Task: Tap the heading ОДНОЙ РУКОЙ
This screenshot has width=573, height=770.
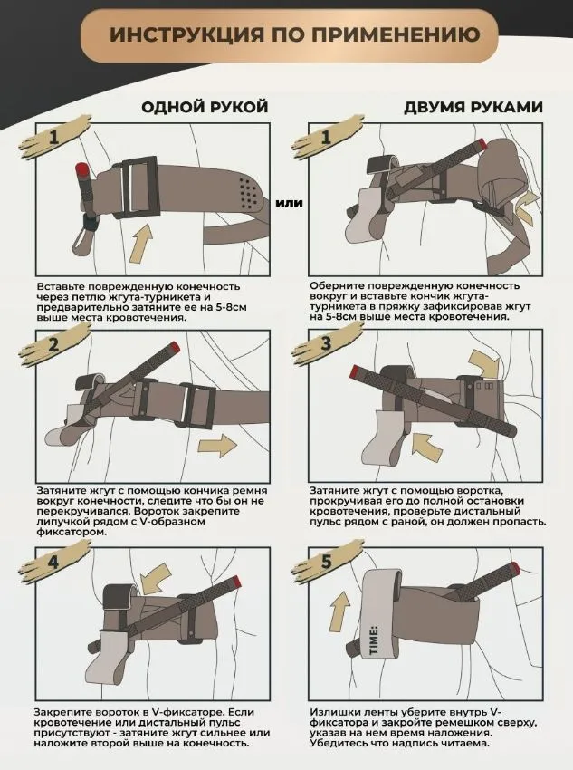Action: (x=205, y=107)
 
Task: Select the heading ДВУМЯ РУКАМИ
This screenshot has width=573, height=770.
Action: (x=473, y=107)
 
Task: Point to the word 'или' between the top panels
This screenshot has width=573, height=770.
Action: (x=289, y=203)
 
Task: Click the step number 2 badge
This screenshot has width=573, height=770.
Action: (x=54, y=345)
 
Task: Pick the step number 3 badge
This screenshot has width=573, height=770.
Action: (x=327, y=343)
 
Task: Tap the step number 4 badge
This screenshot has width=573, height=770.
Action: (x=54, y=562)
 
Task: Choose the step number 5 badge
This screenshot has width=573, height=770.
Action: (x=327, y=562)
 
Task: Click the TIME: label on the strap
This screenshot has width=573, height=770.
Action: (x=373, y=640)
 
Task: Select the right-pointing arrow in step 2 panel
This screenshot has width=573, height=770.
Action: (x=217, y=446)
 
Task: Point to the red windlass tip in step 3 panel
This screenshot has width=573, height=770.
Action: (x=353, y=372)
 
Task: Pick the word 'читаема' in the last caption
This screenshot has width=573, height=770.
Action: (x=467, y=743)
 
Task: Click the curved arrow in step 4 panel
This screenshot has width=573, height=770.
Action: (x=157, y=578)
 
